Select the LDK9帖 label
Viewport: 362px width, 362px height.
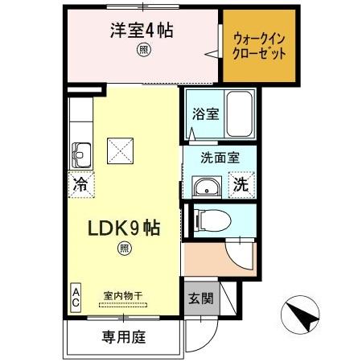(123, 228)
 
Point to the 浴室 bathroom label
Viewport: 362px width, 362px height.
(204, 113)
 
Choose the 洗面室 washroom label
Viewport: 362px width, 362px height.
(218, 158)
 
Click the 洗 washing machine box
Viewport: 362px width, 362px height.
(241, 184)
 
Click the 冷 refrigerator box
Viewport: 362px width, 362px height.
(81, 183)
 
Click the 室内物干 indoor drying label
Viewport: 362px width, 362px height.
(122, 295)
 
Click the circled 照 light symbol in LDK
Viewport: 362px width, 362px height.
(124, 250)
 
